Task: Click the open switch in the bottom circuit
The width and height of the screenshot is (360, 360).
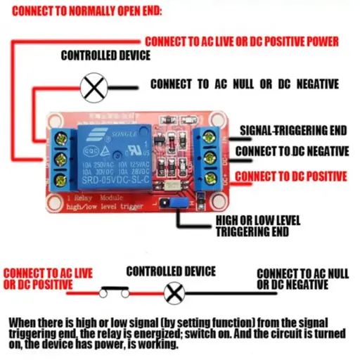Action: click(x=114, y=288)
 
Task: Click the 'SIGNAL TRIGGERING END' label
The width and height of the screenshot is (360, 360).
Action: click(x=293, y=131)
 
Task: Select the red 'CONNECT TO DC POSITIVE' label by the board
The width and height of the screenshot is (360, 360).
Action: click(x=290, y=176)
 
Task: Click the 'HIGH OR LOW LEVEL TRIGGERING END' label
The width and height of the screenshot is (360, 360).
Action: click(x=252, y=225)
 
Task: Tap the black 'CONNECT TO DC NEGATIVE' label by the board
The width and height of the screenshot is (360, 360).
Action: click(x=292, y=151)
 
